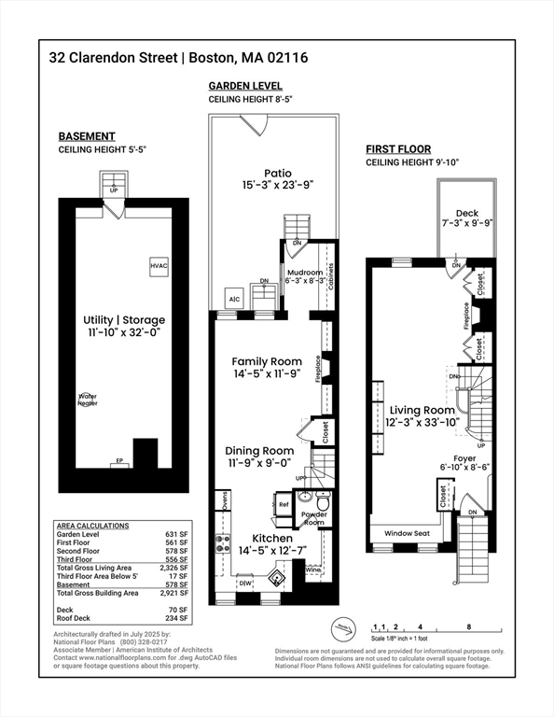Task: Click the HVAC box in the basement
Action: (x=159, y=266)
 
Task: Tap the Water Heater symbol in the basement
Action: (x=88, y=399)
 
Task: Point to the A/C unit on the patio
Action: (x=234, y=299)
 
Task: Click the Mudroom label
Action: (x=305, y=273)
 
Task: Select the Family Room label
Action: (x=267, y=361)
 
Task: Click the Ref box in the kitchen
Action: (x=284, y=504)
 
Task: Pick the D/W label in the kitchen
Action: (x=244, y=583)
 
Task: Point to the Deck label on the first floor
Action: (x=466, y=214)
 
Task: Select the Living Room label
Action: (x=421, y=409)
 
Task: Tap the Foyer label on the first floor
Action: (x=464, y=457)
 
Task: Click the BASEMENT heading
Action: (x=87, y=135)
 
